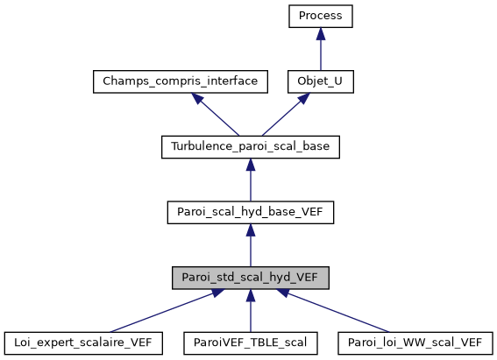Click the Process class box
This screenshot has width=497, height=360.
coord(321,16)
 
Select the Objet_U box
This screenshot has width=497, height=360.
coord(321,81)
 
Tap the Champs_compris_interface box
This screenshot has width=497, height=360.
coord(179,81)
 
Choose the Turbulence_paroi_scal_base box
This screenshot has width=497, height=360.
coord(250,147)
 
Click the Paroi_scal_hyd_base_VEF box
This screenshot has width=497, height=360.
coord(250,213)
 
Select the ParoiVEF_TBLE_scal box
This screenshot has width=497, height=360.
coord(250,342)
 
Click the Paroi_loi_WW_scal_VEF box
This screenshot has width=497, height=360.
coord(415,342)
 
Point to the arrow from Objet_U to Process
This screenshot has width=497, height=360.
coord(321,53)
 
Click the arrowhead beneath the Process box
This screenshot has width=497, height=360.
coord(321,33)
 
